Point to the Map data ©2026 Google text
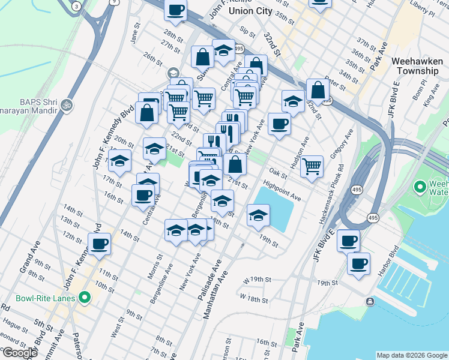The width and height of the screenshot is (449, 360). [x=412, y=355]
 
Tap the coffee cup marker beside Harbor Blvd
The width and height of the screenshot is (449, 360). [x=360, y=263]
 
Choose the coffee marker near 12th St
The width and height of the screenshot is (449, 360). [x=100, y=244]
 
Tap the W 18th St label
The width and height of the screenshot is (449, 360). [x=253, y=297]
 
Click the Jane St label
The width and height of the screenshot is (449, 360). [x=134, y=36]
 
